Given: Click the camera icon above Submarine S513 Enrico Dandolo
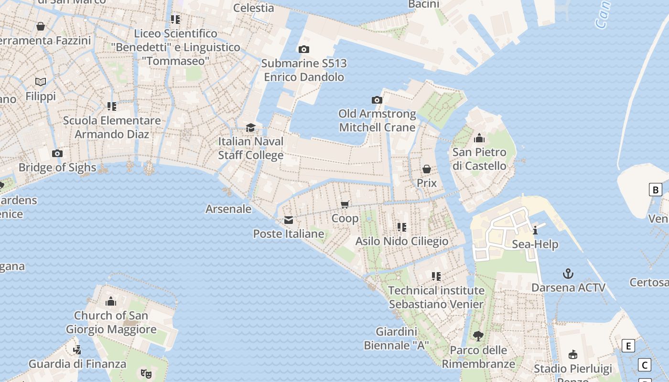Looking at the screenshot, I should [303, 49].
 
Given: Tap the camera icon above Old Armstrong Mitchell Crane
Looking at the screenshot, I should [377, 100].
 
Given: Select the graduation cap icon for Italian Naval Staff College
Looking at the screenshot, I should [250, 127].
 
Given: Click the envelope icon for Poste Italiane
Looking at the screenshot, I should [289, 220].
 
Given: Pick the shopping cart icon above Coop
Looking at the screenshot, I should [345, 205].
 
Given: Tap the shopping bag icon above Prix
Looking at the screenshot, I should [426, 169].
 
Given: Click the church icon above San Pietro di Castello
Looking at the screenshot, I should [479, 138].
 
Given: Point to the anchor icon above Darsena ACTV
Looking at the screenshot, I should [568, 274].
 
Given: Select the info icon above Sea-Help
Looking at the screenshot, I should [535, 230].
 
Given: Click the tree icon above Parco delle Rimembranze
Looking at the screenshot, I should [478, 336].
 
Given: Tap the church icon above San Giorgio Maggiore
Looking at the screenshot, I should [111, 301].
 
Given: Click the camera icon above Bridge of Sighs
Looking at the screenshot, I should [57, 153].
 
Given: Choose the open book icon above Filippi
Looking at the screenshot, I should [41, 82].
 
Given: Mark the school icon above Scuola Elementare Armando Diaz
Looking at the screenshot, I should [112, 106].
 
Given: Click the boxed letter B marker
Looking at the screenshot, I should [656, 190].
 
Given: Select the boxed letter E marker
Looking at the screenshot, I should [628, 346].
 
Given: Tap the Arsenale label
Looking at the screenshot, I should [228, 209].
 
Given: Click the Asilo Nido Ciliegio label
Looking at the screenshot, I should [402, 241].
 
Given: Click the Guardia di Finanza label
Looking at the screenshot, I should [77, 364].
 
